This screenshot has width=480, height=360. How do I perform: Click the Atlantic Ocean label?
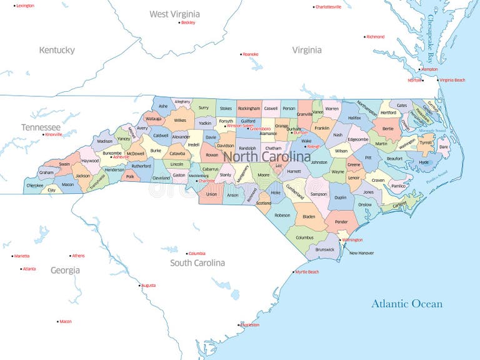[407, 304]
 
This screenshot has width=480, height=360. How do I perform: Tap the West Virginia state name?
[174, 14]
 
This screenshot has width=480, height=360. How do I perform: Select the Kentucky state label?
[57, 50]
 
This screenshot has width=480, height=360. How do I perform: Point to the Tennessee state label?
[41, 127]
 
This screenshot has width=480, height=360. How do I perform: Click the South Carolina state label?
[197, 263]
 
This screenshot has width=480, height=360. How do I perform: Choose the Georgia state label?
[65, 270]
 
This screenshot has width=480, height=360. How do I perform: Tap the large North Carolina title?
[267, 156]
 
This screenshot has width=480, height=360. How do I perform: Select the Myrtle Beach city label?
[307, 272]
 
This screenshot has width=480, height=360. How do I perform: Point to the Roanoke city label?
[251, 54]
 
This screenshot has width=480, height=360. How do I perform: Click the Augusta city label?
[149, 285]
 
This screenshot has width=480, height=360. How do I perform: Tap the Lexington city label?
[25, 6]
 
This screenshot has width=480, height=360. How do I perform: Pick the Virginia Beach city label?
[452, 80]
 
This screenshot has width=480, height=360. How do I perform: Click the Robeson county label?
[282, 215]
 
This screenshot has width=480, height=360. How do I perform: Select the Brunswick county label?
[325, 249]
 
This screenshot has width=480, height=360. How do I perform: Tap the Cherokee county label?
[35, 186]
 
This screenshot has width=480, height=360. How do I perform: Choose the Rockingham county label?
[249, 108]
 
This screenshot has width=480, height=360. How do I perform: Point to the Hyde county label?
[424, 162]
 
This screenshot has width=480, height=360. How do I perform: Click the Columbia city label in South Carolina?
[197, 253]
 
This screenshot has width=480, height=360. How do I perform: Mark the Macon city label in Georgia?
[66, 321]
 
